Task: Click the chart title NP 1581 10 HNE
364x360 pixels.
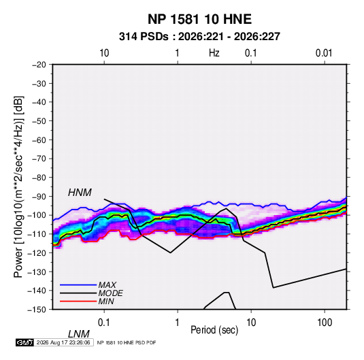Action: pos(199,19)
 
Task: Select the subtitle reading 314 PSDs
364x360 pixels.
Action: pos(144,37)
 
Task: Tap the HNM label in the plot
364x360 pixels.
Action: pos(80,193)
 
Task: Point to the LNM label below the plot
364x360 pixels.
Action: pos(79,334)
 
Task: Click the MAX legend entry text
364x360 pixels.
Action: pos(107,284)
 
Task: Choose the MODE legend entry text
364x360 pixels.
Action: pos(110,293)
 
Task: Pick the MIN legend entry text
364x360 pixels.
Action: pos(106,301)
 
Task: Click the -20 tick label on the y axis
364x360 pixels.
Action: pos(39,65)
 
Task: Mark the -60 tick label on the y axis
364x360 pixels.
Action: pos(39,140)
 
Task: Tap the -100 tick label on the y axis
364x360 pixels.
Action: pos(37,215)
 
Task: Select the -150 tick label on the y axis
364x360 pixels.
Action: pos(37,310)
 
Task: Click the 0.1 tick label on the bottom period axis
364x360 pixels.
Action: pos(104,322)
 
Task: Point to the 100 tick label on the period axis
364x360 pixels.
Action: pos(325,322)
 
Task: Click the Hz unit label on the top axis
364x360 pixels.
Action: pos(214,53)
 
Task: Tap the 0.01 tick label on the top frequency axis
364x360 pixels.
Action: pos(324,53)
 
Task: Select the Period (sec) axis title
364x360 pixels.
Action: pos(214,330)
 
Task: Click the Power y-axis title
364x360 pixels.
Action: pos(18,186)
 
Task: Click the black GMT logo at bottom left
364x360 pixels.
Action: pos(24,342)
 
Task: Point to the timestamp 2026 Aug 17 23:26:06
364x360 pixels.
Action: pos(63,342)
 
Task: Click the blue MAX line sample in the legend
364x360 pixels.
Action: pos(78,285)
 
